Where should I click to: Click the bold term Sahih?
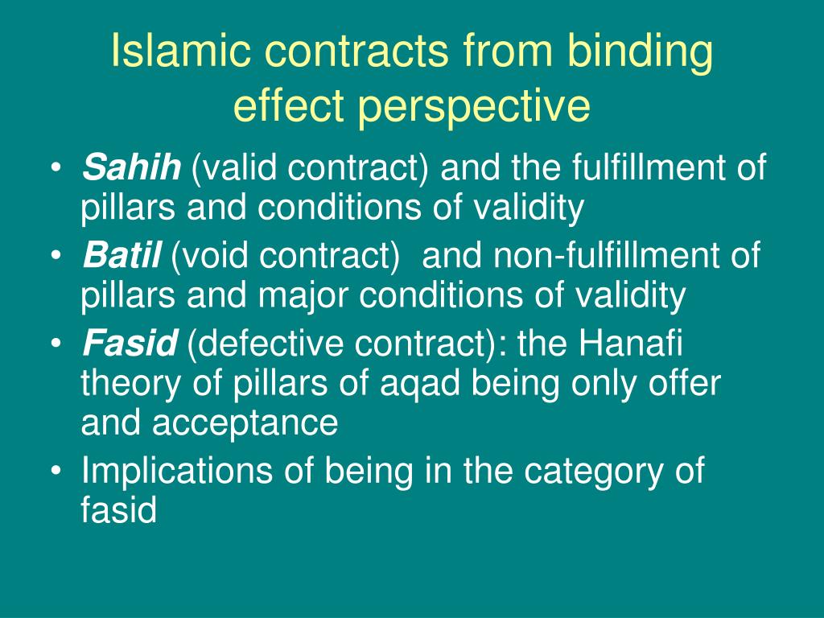(131, 169)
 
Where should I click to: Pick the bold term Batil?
(122, 257)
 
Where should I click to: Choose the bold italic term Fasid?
(129, 346)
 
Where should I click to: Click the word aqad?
(420, 385)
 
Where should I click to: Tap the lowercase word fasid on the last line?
(118, 510)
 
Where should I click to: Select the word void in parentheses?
(210, 257)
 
